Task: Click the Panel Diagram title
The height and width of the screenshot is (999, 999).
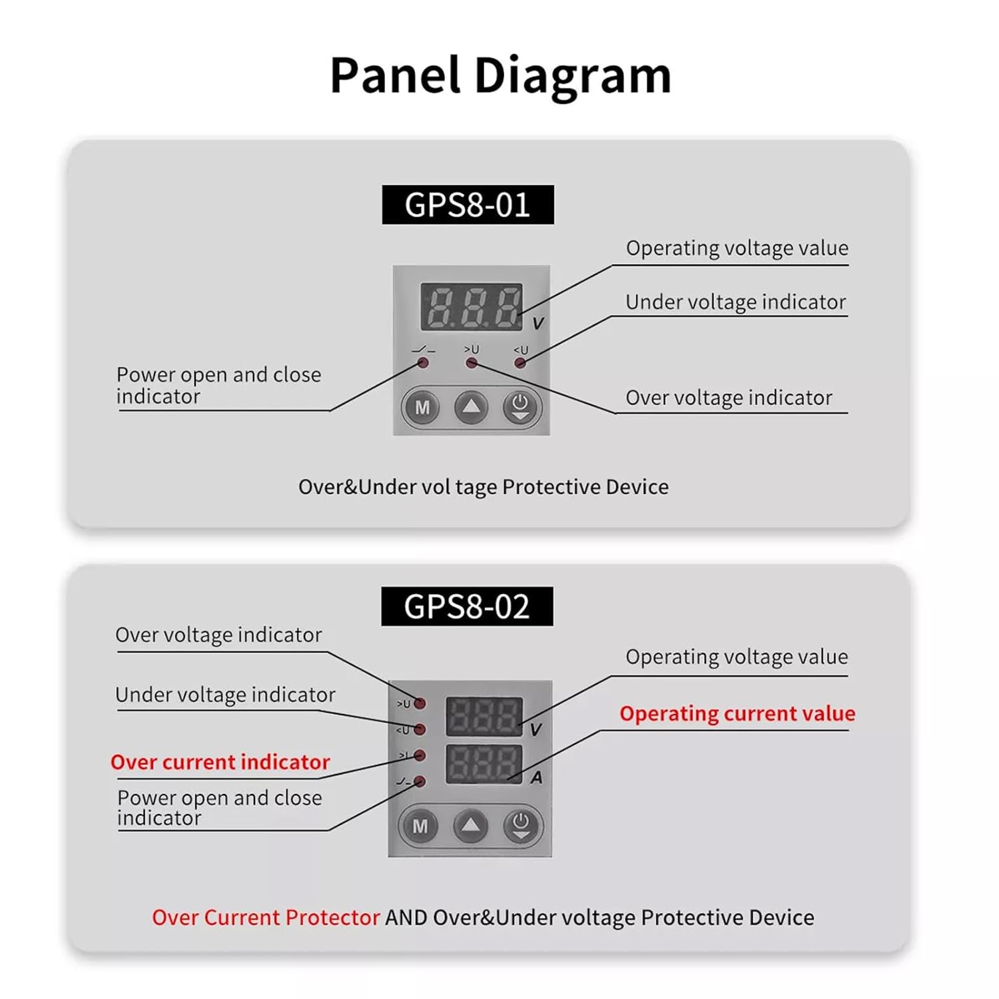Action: click(x=500, y=75)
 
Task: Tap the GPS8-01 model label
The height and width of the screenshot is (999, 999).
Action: click(x=468, y=204)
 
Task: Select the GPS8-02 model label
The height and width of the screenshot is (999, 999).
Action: click(x=467, y=606)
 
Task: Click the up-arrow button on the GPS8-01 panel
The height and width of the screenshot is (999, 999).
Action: click(x=471, y=407)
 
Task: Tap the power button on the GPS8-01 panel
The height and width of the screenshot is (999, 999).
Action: click(x=520, y=407)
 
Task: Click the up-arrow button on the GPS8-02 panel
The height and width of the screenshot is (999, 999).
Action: click(x=471, y=827)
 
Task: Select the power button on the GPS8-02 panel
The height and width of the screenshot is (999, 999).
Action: click(x=521, y=827)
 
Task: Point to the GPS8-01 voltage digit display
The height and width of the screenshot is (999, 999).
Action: click(x=472, y=307)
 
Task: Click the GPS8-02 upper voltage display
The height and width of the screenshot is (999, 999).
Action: click(x=484, y=716)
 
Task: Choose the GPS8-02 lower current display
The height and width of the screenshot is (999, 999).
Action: click(x=484, y=763)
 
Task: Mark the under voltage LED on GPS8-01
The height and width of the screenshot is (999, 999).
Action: click(x=520, y=363)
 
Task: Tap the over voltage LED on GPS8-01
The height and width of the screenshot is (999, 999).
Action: click(x=472, y=363)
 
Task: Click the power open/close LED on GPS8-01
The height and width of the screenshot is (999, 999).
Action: click(x=422, y=363)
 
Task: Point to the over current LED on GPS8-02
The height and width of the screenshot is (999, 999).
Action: click(x=420, y=755)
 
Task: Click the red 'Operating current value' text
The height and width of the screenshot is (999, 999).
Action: click(x=737, y=713)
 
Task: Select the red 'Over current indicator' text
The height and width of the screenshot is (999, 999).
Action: click(x=220, y=762)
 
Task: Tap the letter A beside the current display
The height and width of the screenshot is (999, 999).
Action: click(x=536, y=778)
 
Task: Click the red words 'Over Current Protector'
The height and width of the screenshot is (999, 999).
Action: click(x=266, y=917)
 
